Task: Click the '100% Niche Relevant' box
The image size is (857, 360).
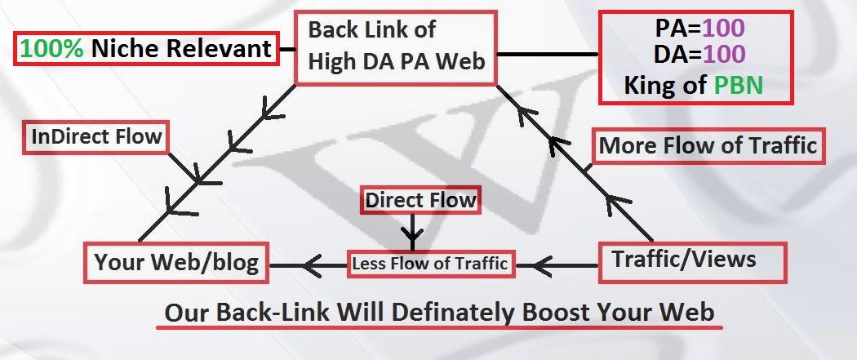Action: click(145, 49)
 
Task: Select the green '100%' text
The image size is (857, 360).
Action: click(53, 49)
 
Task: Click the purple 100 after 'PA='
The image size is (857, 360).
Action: click(724, 29)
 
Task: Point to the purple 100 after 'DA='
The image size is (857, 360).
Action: click(724, 56)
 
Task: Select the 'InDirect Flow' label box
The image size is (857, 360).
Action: click(96, 136)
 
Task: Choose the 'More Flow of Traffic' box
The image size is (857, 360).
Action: click(708, 145)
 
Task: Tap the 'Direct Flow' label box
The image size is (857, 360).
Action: click(420, 199)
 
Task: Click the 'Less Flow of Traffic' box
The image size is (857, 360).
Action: click(429, 264)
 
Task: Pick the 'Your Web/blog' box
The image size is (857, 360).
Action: click(176, 263)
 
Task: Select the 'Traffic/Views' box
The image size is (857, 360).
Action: click(693, 260)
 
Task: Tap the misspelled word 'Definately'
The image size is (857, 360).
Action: click(455, 313)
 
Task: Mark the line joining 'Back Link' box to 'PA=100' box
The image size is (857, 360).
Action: click(548, 55)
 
